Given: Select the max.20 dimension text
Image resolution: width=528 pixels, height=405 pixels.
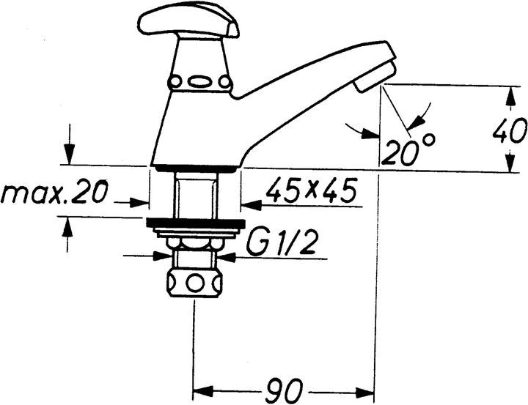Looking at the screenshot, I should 54,193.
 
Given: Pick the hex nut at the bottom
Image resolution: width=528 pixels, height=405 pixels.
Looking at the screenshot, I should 194,283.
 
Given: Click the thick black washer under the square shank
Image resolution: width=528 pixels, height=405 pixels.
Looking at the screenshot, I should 194,223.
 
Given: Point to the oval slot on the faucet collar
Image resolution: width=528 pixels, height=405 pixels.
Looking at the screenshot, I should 199,82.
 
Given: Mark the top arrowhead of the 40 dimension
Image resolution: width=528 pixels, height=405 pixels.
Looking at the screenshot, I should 509,92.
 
